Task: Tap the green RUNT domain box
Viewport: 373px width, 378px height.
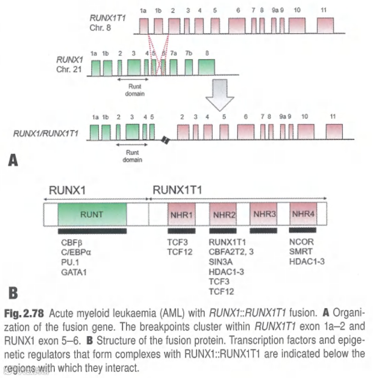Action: click(x=92, y=214)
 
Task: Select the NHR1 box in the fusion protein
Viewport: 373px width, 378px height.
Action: click(x=181, y=215)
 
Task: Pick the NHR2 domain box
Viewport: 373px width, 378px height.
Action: click(x=223, y=215)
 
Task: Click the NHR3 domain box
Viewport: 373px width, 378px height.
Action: click(x=264, y=214)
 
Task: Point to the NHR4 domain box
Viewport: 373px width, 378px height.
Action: click(x=303, y=214)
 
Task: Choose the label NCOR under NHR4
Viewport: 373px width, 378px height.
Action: click(x=301, y=242)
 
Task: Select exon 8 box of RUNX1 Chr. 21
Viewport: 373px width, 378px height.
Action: click(x=206, y=67)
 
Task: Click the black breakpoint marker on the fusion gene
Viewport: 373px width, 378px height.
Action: click(x=165, y=140)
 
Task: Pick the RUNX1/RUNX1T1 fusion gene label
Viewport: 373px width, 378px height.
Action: click(x=46, y=133)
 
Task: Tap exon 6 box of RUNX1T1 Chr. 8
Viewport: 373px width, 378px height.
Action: click(x=237, y=25)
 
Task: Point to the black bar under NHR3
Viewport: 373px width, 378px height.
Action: click(x=263, y=231)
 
